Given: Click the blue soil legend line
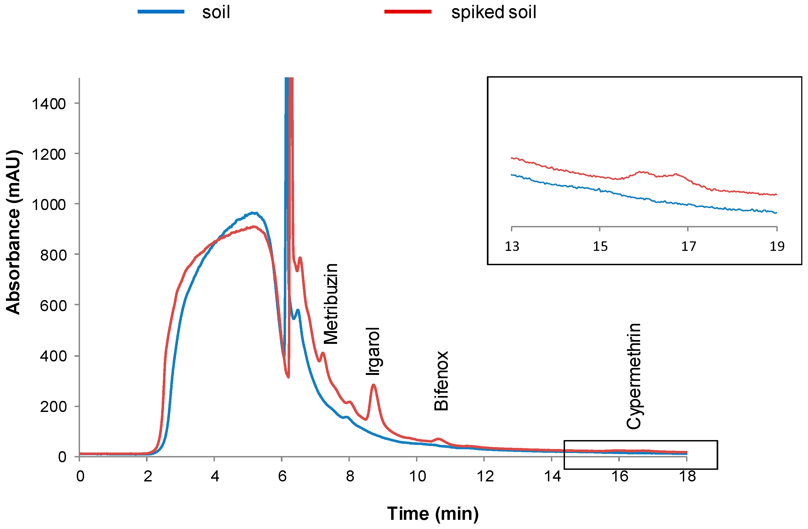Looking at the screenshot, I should [161, 12].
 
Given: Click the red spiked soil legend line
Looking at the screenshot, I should [407, 12].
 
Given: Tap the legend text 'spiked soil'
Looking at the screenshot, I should [493, 12].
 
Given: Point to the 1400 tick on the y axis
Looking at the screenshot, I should [49, 104].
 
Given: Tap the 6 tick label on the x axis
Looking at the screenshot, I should [282, 476].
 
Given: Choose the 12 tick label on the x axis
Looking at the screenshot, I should [485, 476].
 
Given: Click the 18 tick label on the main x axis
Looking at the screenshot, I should [687, 476].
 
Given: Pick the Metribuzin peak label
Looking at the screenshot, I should [330, 304].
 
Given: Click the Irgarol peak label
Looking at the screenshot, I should [373, 351].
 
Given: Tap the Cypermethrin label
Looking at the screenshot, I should [633, 376].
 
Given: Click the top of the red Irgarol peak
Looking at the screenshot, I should [373, 385].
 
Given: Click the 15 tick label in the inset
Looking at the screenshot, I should [600, 247].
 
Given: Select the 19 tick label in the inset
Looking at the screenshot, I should [777, 247].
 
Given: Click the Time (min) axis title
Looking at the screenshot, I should [433, 513].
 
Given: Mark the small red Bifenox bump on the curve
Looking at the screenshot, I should [438, 439].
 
